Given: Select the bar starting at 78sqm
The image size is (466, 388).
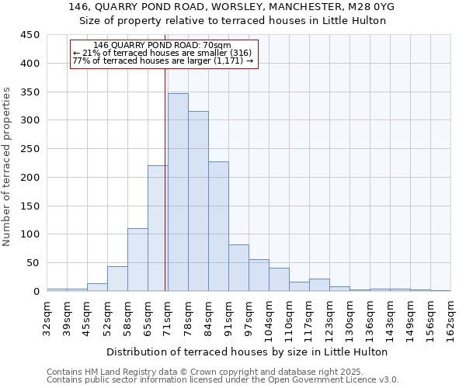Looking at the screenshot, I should point(198,201).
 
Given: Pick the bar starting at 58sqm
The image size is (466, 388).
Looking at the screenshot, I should point(137,260).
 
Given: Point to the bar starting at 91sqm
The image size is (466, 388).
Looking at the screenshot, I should point(238,268).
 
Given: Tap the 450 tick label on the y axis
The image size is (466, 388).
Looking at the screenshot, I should point(30,35).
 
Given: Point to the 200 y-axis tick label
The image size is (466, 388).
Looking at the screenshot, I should point(30,177).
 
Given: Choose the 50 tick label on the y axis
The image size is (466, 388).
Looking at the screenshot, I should point(33,263).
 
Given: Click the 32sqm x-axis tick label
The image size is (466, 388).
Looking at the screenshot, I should point(47,317).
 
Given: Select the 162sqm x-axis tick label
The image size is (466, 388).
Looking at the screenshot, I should point(451,317).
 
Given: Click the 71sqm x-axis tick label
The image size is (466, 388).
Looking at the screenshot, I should point(169,317).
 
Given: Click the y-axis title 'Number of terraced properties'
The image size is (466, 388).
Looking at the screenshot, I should point(7,166).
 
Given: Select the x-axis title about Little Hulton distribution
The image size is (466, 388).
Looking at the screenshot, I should point(248,352).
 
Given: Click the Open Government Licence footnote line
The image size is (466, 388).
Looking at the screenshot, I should point(223,380).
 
